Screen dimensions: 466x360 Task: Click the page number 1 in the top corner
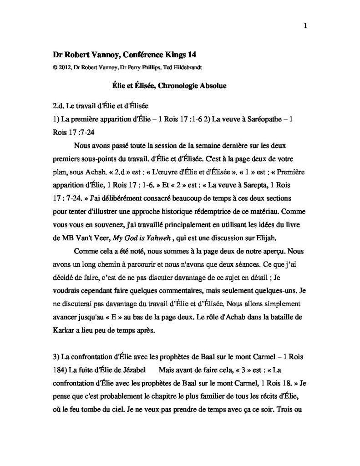[x=305, y=26]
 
